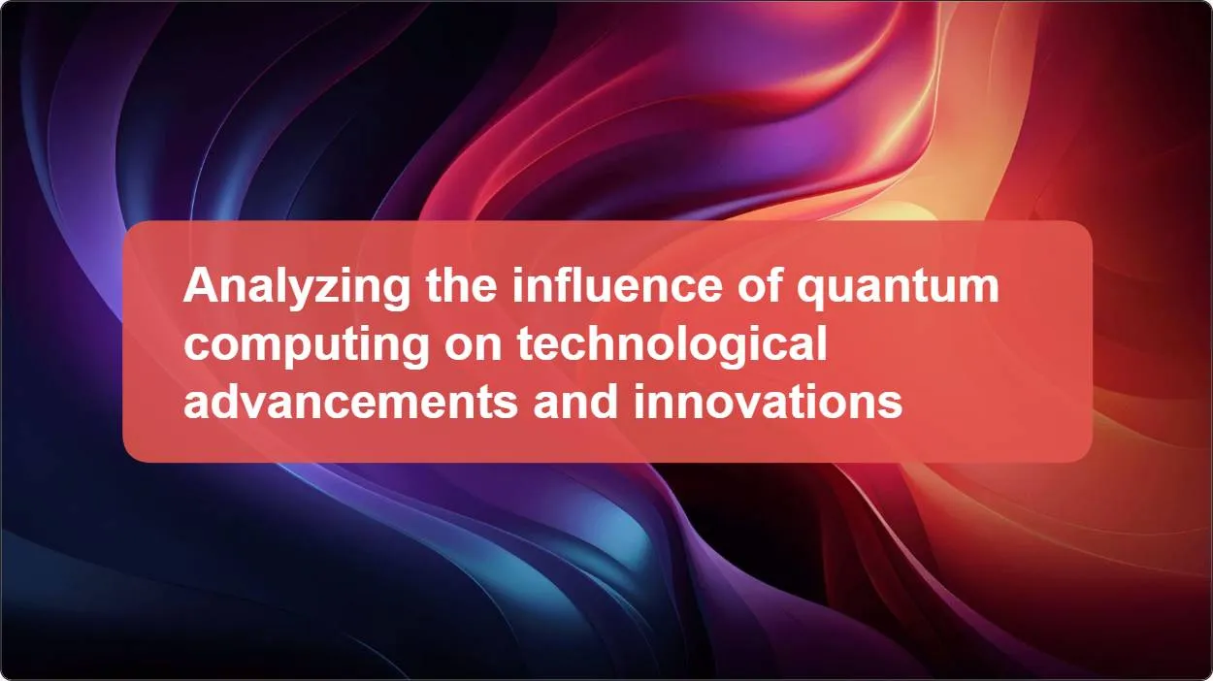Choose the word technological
[x=672, y=346]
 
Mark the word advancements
[x=350, y=401]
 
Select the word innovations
[x=769, y=401]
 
